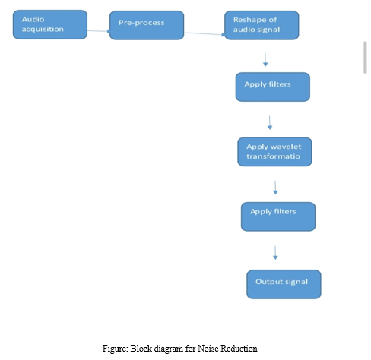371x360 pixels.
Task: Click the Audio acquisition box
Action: coord(50,24)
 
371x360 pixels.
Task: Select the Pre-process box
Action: coord(147,25)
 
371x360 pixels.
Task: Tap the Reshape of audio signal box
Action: coord(262,25)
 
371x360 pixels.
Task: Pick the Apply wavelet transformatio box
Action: coord(274,152)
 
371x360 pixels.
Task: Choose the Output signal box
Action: coord(284,284)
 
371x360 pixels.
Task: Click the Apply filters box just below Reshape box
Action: coord(273,87)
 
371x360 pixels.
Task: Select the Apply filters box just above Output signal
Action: coord(278,216)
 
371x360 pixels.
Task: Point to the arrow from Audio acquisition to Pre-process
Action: coord(99,31)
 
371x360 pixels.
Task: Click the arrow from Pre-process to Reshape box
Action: coord(205,33)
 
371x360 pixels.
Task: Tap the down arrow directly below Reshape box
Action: coord(265,59)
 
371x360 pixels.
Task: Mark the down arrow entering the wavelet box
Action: coord(270,123)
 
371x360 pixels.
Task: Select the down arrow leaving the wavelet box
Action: coord(275,188)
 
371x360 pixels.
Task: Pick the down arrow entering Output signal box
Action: coord(275,253)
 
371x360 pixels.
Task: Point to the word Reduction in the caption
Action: coord(239,349)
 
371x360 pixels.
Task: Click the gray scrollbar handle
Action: coord(365,58)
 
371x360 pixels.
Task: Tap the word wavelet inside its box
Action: coord(287,147)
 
